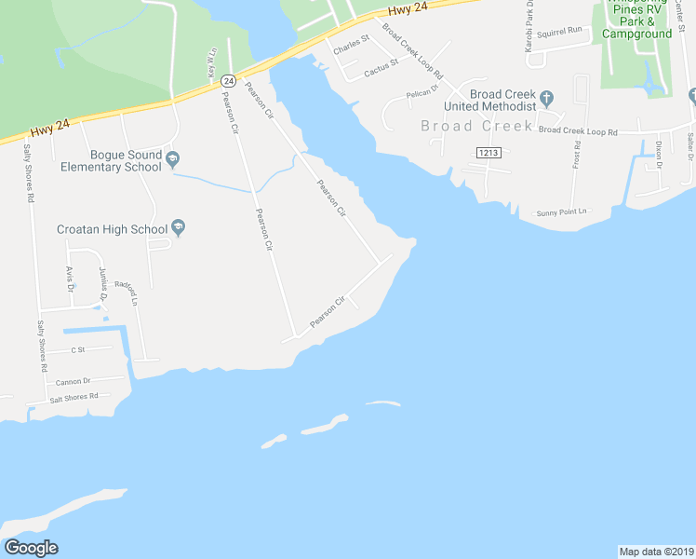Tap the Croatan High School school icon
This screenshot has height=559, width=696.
pos(180,228)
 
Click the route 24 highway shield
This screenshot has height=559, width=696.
pos(229,81)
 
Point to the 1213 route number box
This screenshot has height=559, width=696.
pos(488,151)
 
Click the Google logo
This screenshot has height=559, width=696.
pos(32,548)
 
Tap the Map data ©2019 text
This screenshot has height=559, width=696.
pos(657,551)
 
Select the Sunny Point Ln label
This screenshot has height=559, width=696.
pos(563,212)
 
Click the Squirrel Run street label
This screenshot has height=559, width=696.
pos(563,30)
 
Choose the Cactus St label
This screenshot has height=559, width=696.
pos(381,67)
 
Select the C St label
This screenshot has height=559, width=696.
pos(77,350)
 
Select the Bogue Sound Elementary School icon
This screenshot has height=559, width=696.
pos(173,160)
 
